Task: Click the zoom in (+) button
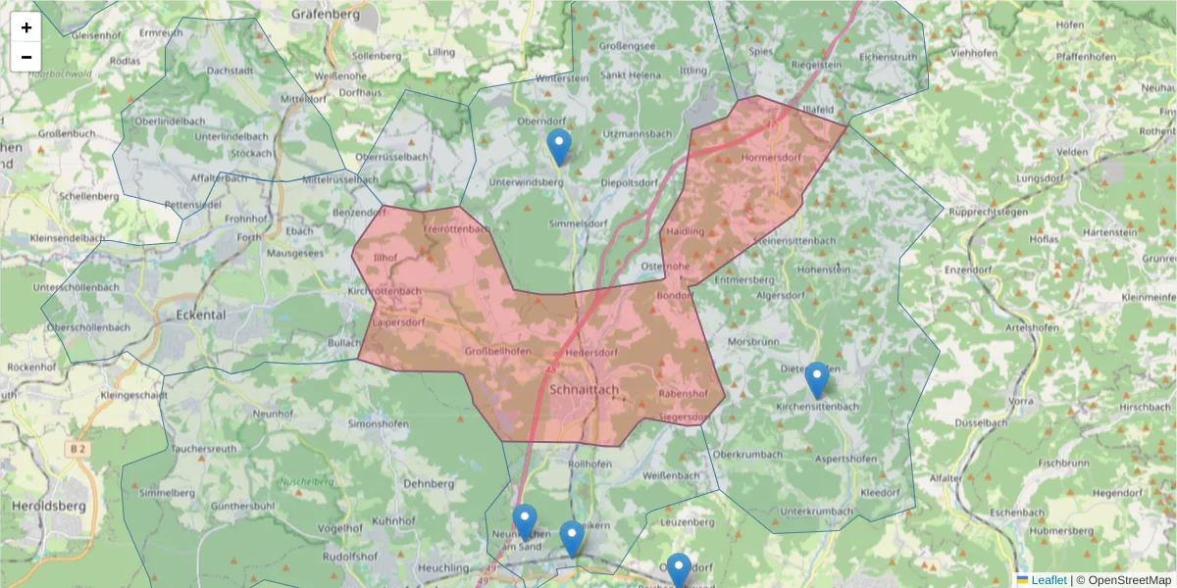[x=26, y=27]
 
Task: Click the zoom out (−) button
[x=26, y=57]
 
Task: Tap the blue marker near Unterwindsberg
[x=558, y=148]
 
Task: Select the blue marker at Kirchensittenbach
[x=816, y=381]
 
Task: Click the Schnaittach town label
[x=586, y=389]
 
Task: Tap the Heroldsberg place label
[x=49, y=506]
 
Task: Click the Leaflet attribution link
[x=1048, y=580]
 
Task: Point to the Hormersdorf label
[x=772, y=157]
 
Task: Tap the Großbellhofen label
[x=497, y=352]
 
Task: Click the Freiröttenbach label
[x=455, y=228]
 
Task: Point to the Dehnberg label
[x=429, y=483]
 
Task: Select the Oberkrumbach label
[x=748, y=454]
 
